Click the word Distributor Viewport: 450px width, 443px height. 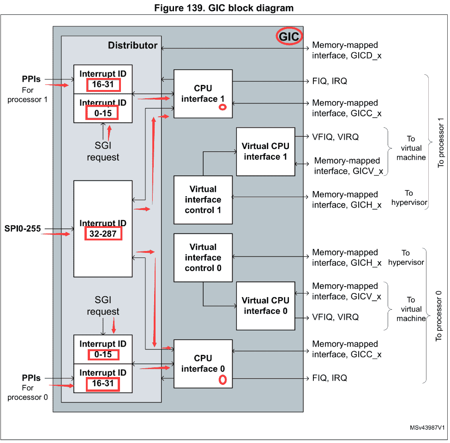[132, 45]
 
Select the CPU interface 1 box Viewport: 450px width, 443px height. [203, 94]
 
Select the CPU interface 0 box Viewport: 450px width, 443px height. [203, 364]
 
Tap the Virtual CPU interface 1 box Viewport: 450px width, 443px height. [265, 151]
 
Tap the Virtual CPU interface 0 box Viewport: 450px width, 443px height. [265, 306]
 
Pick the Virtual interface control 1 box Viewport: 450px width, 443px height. [203, 200]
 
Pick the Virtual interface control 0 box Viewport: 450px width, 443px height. [203, 257]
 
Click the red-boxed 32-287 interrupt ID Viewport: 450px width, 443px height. [103, 234]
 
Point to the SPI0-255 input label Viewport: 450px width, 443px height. [23, 228]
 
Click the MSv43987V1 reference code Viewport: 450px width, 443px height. [427, 428]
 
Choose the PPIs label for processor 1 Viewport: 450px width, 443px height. [31, 79]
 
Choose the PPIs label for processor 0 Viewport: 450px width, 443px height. [31, 378]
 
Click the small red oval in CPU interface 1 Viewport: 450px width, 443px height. [222, 107]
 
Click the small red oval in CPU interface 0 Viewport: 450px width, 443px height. [222, 380]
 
